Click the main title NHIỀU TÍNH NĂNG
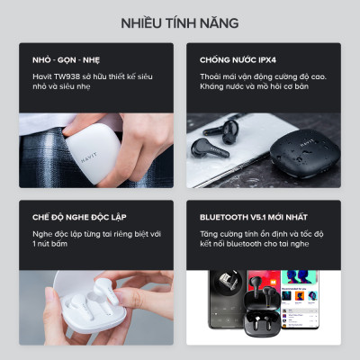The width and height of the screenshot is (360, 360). click(180, 22)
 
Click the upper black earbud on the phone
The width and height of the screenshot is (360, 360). click(219, 130)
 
